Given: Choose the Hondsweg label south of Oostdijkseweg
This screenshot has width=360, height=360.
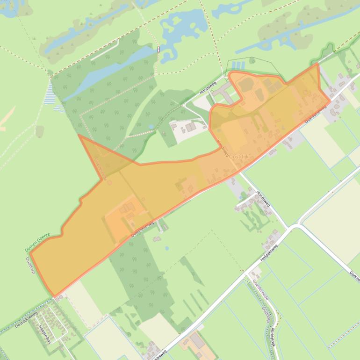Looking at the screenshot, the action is [263, 199].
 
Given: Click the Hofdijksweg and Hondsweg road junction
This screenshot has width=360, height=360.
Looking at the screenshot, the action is [292, 227].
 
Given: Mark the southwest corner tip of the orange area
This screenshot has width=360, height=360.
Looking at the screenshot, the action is [55, 296].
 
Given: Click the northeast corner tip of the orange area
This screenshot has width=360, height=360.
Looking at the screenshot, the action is [318, 64].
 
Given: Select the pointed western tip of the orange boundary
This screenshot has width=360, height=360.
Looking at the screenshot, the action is [79, 135].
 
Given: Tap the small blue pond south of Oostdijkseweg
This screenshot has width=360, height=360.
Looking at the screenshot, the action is [167, 248].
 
